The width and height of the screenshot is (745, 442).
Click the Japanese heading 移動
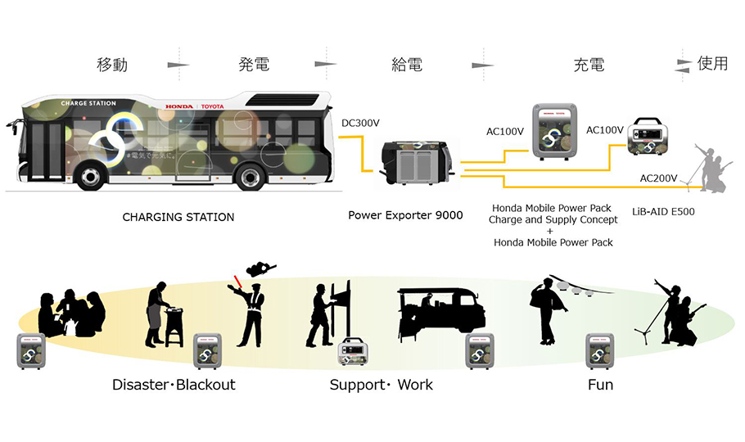pos(112,65)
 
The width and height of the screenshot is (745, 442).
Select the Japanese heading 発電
pos(255,65)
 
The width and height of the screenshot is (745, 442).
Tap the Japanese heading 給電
pos(406,65)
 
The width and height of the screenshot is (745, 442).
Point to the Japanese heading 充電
pos(589,65)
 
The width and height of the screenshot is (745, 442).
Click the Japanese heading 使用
pos(712,64)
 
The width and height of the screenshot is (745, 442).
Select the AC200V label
pos(657,178)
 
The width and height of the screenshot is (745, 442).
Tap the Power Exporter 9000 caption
pos(405,216)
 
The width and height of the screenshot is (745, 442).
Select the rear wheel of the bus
pos(251,177)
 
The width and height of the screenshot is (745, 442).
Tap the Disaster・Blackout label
pos(174,384)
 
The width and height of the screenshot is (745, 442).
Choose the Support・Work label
pos(381,384)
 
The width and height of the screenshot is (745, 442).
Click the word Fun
pos(600,384)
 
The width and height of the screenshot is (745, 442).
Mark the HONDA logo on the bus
pos(179,106)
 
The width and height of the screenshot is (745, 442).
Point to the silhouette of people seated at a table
pos(71,313)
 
